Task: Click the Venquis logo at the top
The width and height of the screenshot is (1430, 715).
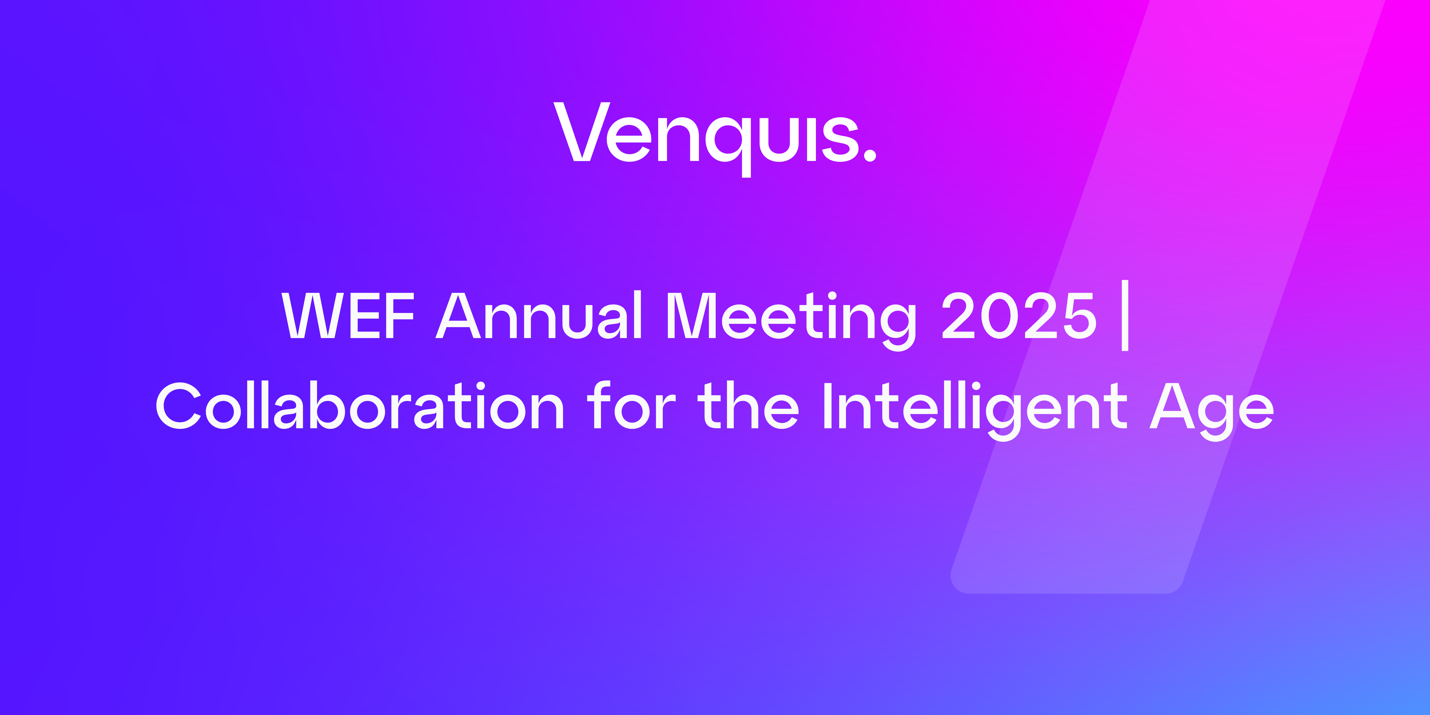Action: click(x=715, y=139)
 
